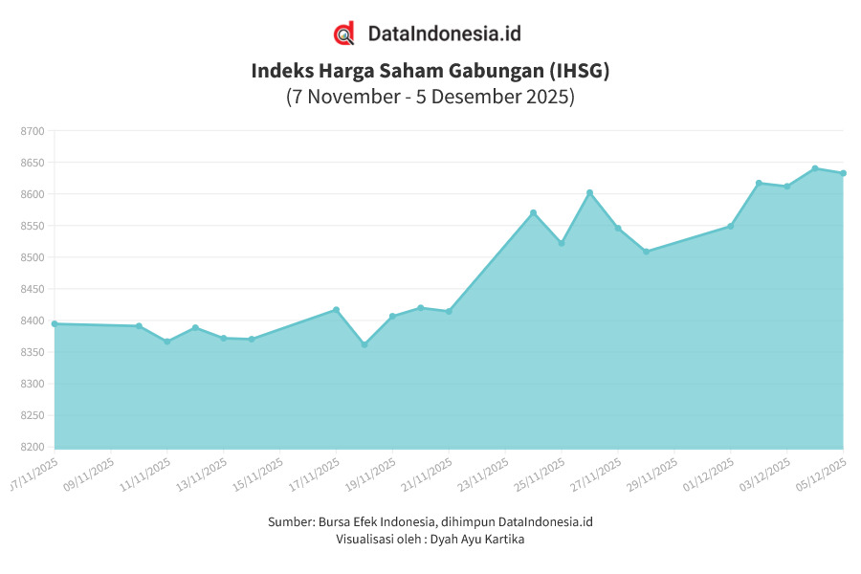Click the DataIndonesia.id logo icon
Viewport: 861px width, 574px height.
coord(343,33)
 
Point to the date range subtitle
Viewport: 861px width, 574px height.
coord(430,97)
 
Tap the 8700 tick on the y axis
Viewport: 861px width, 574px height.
coord(33,131)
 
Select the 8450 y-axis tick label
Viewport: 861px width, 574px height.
coord(33,289)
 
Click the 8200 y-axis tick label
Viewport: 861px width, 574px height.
coord(33,447)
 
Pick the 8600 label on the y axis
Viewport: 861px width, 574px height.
coord(33,194)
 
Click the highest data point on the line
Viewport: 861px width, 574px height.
coord(815,168)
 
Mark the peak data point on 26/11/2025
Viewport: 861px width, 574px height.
coord(589,192)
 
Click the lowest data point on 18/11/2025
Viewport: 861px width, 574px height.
coord(364,344)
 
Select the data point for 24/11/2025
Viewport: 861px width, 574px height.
coord(533,212)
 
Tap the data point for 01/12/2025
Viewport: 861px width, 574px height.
coord(731,226)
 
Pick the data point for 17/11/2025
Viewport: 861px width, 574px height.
coord(336,309)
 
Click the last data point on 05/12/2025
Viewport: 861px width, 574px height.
coord(843,173)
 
